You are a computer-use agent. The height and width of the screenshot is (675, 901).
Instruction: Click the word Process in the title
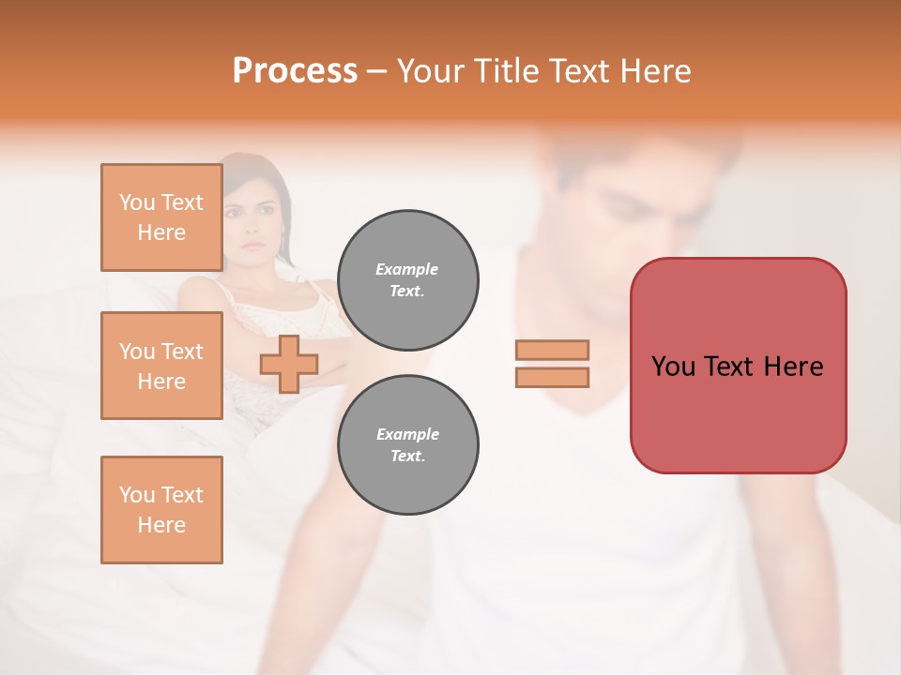[295, 71]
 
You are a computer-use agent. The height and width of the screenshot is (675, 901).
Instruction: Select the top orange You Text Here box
[161, 217]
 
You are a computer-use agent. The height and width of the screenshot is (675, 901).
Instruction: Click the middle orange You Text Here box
[161, 366]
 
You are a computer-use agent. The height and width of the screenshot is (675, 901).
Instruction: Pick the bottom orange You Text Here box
[161, 509]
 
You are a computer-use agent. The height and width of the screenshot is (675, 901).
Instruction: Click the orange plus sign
[288, 364]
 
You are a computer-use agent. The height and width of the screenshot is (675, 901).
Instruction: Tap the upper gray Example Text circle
[407, 280]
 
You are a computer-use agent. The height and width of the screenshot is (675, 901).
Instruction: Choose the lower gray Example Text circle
[407, 445]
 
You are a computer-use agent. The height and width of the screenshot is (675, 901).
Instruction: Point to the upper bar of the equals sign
[552, 350]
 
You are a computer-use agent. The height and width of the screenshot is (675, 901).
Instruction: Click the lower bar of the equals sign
[552, 377]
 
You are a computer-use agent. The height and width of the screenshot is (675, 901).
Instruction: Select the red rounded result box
[738, 365]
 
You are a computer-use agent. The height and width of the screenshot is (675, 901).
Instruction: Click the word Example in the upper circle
[407, 269]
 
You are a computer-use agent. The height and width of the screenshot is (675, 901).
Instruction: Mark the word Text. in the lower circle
[407, 457]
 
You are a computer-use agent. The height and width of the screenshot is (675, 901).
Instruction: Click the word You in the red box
[672, 367]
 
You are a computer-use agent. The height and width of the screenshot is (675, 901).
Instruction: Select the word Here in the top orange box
[161, 232]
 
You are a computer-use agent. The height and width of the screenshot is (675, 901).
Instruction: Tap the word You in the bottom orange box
[137, 495]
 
